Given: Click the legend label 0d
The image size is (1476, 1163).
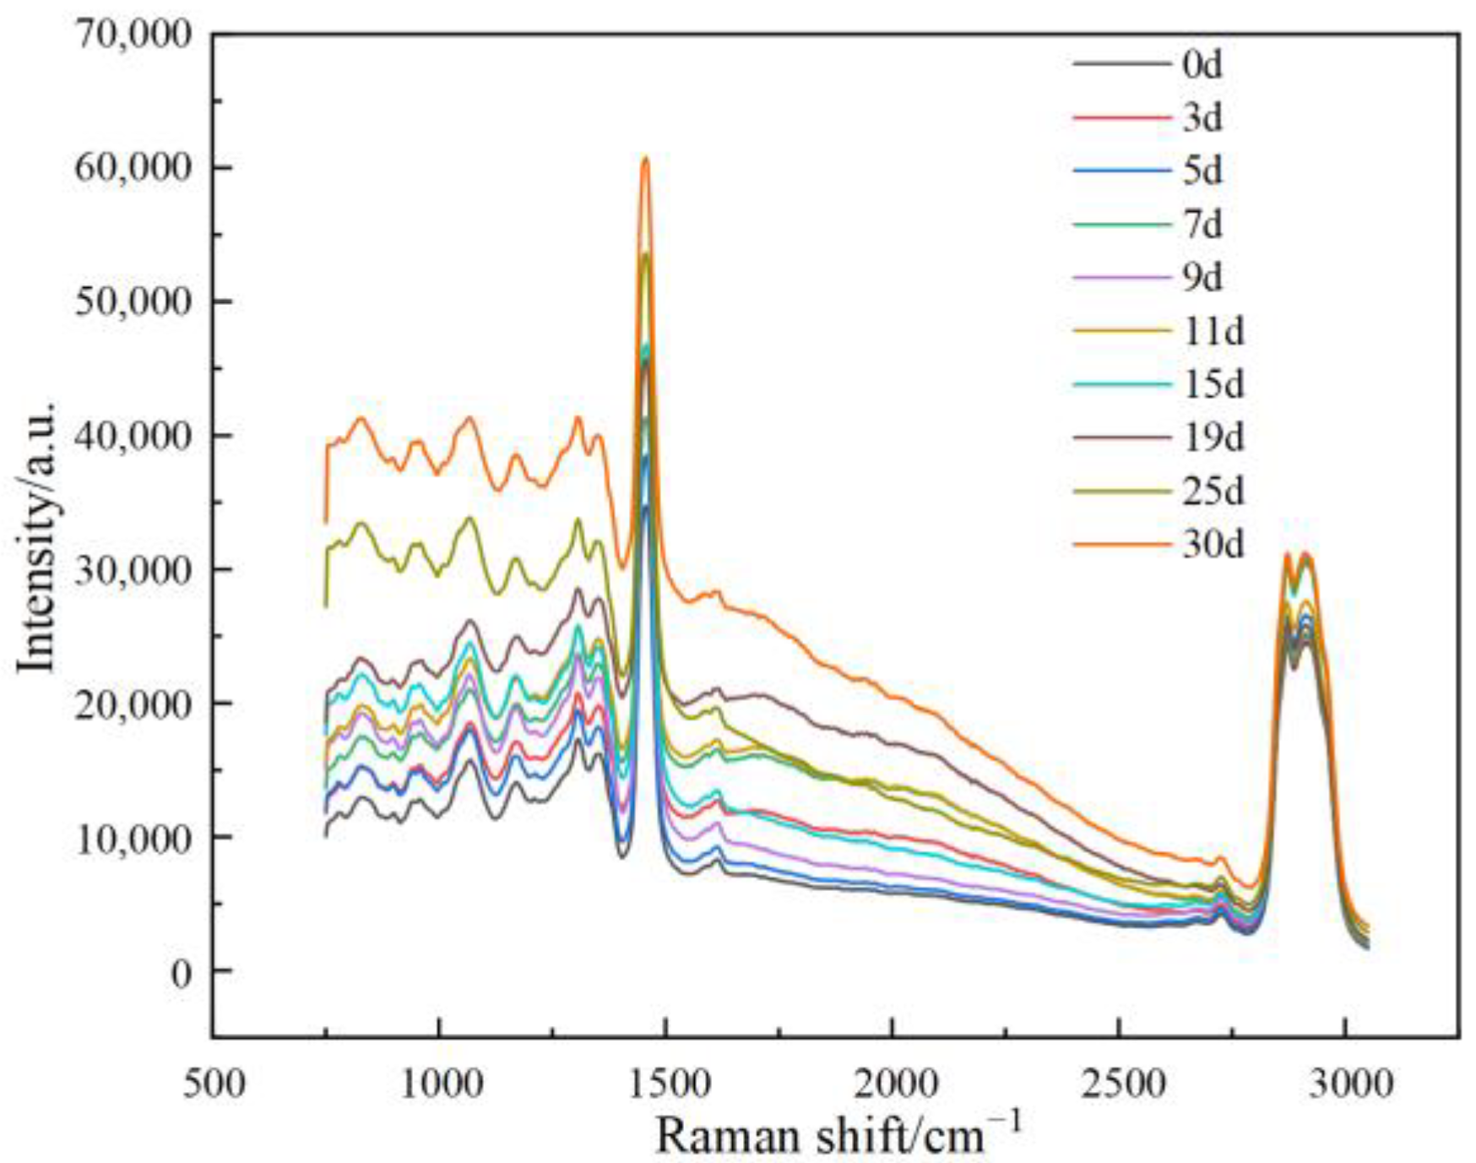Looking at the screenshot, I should pyautogui.click(x=1202, y=64).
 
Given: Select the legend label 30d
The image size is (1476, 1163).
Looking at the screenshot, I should pyautogui.click(x=1213, y=545).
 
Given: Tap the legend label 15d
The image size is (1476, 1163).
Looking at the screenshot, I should pyautogui.click(x=1213, y=384).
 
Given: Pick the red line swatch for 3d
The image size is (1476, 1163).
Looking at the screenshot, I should pyautogui.click(x=1122, y=118).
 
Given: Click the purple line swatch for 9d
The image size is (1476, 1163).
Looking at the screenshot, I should pyautogui.click(x=1122, y=278).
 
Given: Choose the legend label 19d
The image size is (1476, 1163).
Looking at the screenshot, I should pyautogui.click(x=1213, y=437).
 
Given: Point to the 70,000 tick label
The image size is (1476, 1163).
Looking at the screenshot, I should pyautogui.click(x=133, y=35).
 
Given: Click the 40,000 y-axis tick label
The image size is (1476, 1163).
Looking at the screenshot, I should pyautogui.click(x=133, y=436).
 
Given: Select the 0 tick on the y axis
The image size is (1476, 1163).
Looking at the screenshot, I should pyautogui.click(x=181, y=972).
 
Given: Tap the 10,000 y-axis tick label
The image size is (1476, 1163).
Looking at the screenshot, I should pyautogui.click(x=133, y=838).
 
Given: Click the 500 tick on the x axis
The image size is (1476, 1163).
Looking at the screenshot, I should pyautogui.click(x=214, y=1083).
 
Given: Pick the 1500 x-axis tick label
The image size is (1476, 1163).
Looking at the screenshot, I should pyautogui.click(x=666, y=1083).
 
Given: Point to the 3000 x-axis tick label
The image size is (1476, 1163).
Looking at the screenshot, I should pyautogui.click(x=1345, y=1083).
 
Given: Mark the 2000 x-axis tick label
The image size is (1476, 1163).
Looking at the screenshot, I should pyautogui.click(x=893, y=1083).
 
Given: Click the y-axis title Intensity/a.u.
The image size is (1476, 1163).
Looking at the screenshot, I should pyautogui.click(x=38, y=538).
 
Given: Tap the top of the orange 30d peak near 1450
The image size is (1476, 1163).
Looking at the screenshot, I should pyautogui.click(x=645, y=158).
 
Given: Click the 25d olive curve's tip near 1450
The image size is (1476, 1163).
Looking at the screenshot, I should pyautogui.click(x=646, y=254).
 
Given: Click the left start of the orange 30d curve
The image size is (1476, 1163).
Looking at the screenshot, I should pyautogui.click(x=326, y=521).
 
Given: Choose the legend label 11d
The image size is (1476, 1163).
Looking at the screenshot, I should pyautogui.click(x=1213, y=331).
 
